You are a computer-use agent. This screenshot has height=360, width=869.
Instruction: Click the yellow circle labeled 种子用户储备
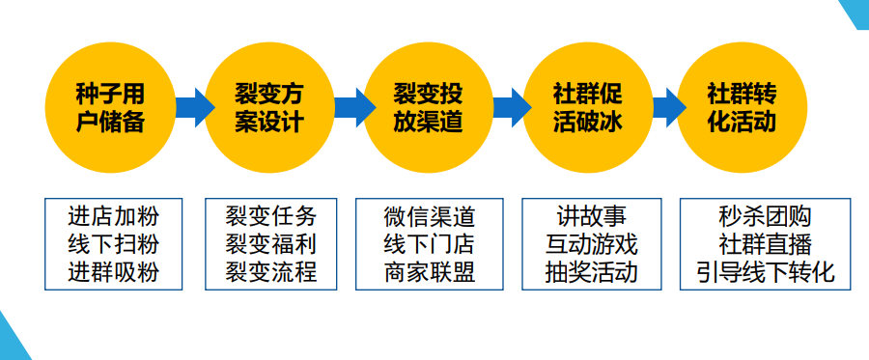coord(110,108)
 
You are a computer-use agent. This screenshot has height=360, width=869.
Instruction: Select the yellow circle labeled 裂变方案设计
coord(269,108)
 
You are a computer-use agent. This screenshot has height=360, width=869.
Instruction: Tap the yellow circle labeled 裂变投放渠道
coord(429,108)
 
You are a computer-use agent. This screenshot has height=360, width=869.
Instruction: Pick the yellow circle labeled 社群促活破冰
coord(588,108)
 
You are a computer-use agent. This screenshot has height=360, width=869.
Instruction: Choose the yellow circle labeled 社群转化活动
coord(743,108)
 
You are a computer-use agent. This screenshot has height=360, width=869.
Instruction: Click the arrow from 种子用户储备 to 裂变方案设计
coord(195,107)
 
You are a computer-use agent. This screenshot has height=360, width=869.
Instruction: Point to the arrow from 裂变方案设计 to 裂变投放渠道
coord(354,107)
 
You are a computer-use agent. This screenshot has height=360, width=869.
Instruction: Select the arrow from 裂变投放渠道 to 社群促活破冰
coord(513,107)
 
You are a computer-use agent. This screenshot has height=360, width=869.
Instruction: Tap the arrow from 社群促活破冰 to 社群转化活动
coord(669,107)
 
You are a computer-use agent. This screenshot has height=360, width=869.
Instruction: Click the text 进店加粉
coord(114,216)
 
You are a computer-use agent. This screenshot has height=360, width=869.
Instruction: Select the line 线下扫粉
coord(114,244)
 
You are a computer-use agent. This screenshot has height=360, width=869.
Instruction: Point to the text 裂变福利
coord(271,244)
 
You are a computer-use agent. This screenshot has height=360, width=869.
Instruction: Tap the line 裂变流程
coord(271,272)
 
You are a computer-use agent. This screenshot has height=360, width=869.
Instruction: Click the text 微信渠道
coord(430,216)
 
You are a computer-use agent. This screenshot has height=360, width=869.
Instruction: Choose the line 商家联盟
coord(430,272)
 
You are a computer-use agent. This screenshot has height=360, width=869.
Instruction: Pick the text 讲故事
coord(592,216)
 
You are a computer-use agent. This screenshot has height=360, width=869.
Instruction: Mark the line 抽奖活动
coord(592,272)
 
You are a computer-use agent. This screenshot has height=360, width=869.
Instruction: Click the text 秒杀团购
coord(766,216)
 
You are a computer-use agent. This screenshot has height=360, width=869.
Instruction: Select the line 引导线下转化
coord(766,272)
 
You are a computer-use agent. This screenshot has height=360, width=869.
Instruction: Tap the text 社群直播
coord(766,244)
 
